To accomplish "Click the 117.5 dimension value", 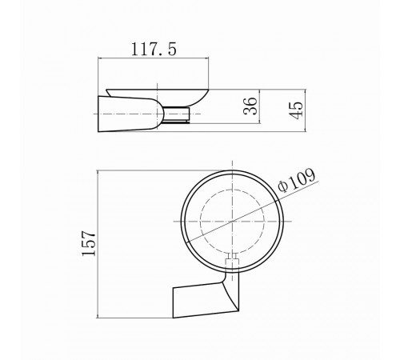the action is [154, 50].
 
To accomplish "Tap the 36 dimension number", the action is [250, 106].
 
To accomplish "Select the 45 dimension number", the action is [297, 110].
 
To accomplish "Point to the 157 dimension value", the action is [89, 243].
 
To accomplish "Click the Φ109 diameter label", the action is [297, 180].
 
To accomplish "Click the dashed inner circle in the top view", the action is [200, 222].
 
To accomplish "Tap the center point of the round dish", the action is [233, 222].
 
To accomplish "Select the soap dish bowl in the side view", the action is [158, 98].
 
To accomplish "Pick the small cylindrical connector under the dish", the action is [176, 115].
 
